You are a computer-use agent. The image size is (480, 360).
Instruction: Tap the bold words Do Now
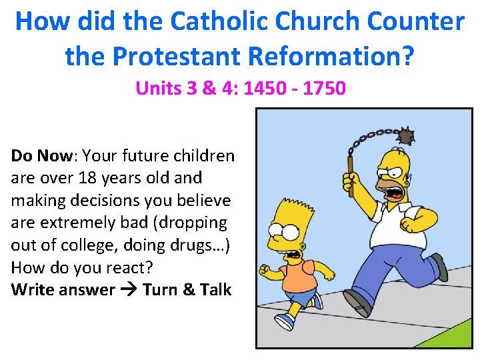(x=41, y=156)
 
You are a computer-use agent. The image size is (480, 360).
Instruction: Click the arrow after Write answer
(x=129, y=290)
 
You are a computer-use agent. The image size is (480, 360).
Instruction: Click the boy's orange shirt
(x=297, y=275)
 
